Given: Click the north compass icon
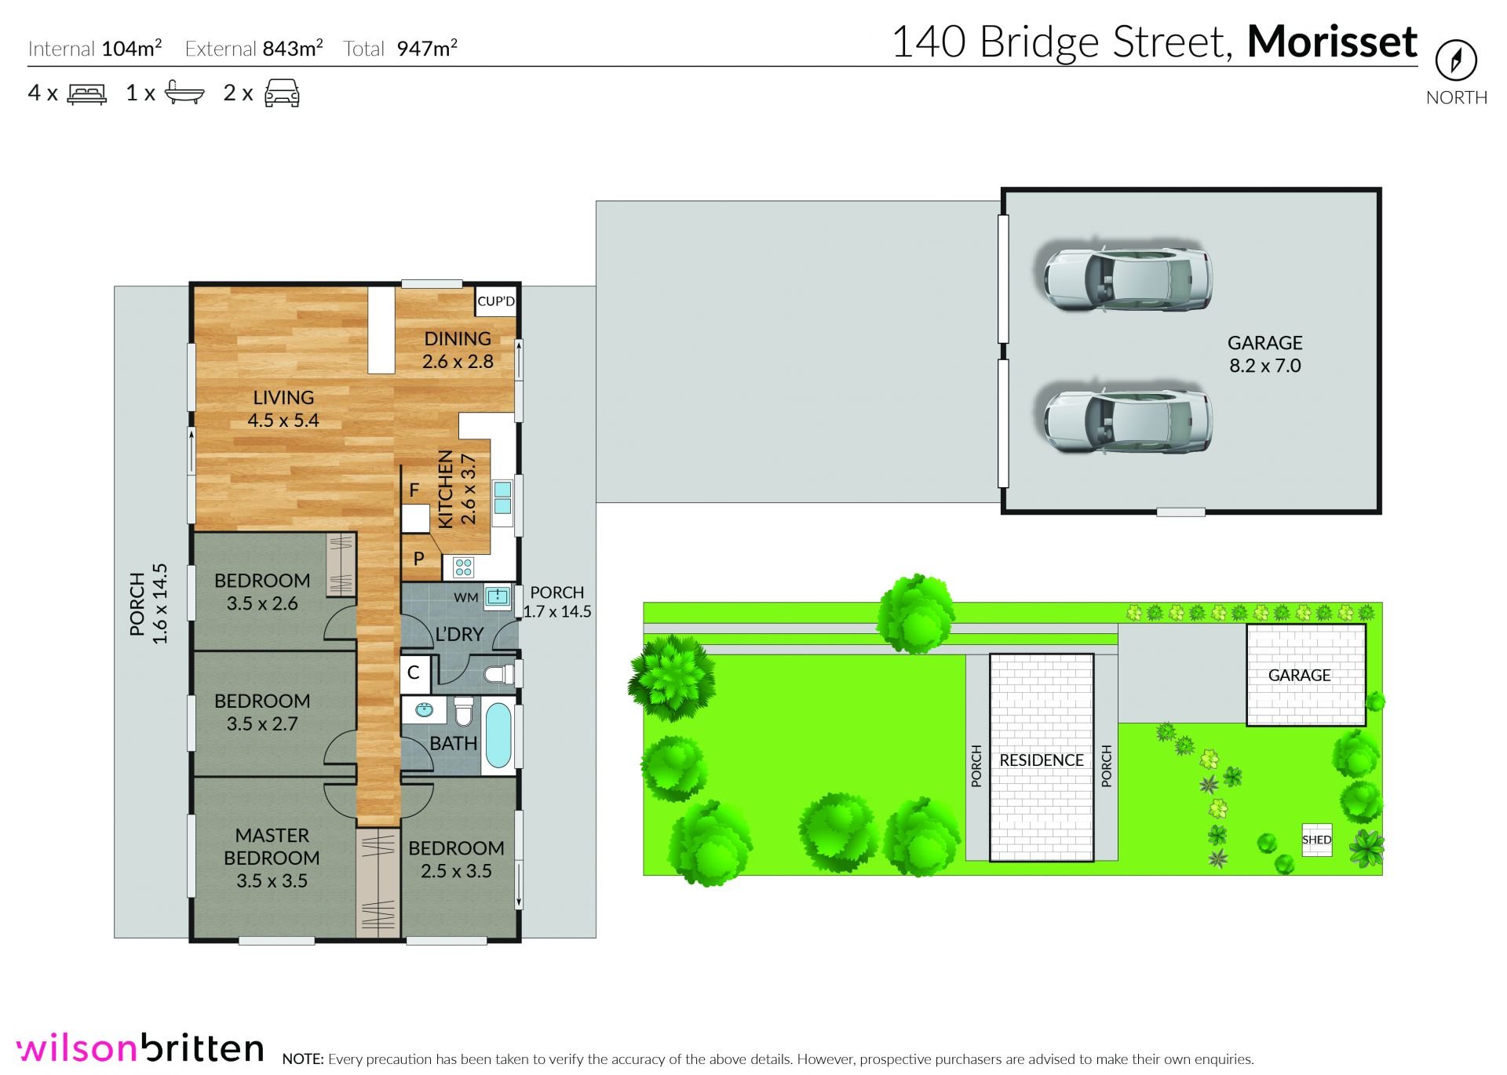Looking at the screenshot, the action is click(1456, 60).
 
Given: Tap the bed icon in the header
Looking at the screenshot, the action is click(86, 94).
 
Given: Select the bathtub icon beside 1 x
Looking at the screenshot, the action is click(185, 93).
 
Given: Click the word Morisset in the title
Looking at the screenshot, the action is click(1332, 42).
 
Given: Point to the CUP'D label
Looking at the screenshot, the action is click(496, 301).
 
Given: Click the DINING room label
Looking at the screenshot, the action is click(458, 339).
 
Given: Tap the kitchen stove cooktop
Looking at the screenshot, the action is click(463, 567).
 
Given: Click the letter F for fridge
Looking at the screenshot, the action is click(414, 490).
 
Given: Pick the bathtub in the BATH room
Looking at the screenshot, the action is click(498, 736).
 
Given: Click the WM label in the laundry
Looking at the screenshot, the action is click(465, 598).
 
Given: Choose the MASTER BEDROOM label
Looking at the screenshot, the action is click(272, 847).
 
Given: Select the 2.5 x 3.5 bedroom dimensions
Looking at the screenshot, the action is click(456, 871).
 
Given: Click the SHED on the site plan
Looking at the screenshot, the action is click(1316, 840).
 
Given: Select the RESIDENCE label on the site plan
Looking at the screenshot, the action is click(1041, 760).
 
